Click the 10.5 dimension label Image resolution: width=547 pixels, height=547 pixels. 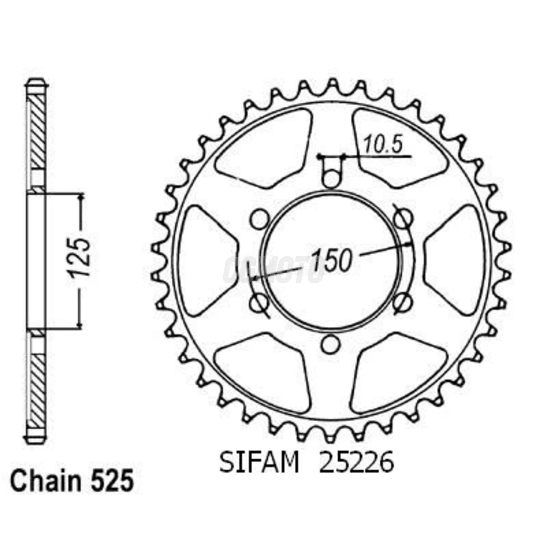(x=383, y=145)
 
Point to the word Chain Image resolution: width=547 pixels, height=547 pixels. (x=45, y=481)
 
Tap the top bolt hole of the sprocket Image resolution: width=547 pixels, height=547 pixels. (x=331, y=179)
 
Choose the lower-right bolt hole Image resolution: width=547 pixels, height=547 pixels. (x=402, y=302)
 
